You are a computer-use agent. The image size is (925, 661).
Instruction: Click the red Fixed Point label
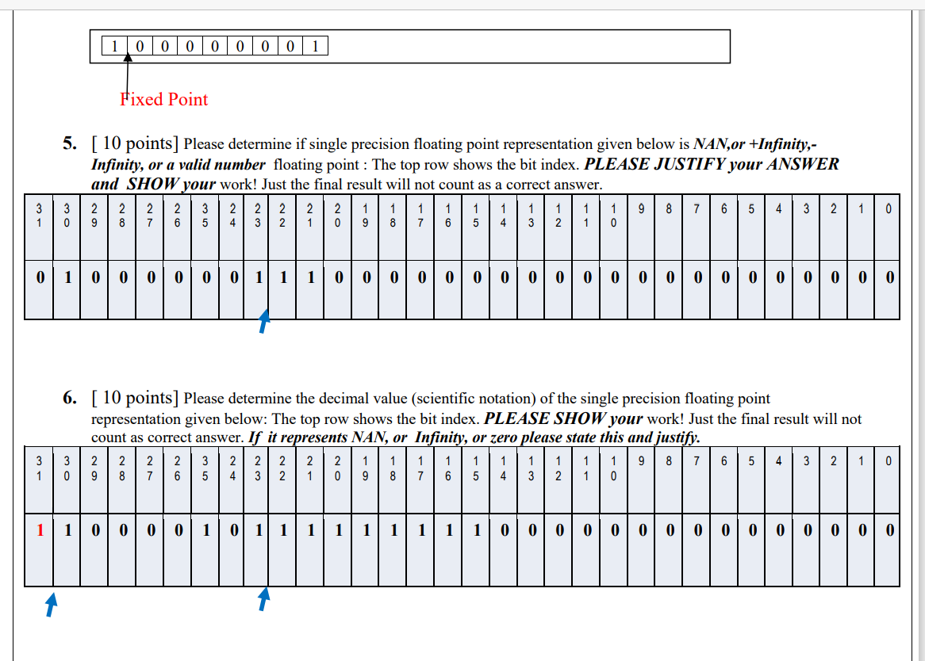(x=163, y=99)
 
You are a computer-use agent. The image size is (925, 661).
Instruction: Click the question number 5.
(x=71, y=143)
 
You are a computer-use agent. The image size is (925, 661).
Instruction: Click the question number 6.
(x=71, y=398)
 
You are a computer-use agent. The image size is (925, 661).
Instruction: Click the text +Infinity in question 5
(x=781, y=144)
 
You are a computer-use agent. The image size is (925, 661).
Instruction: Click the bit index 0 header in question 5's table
(x=888, y=210)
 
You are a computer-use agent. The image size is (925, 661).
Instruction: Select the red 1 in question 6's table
(x=40, y=530)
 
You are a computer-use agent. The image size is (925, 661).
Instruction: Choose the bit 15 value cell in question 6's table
(x=474, y=530)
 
